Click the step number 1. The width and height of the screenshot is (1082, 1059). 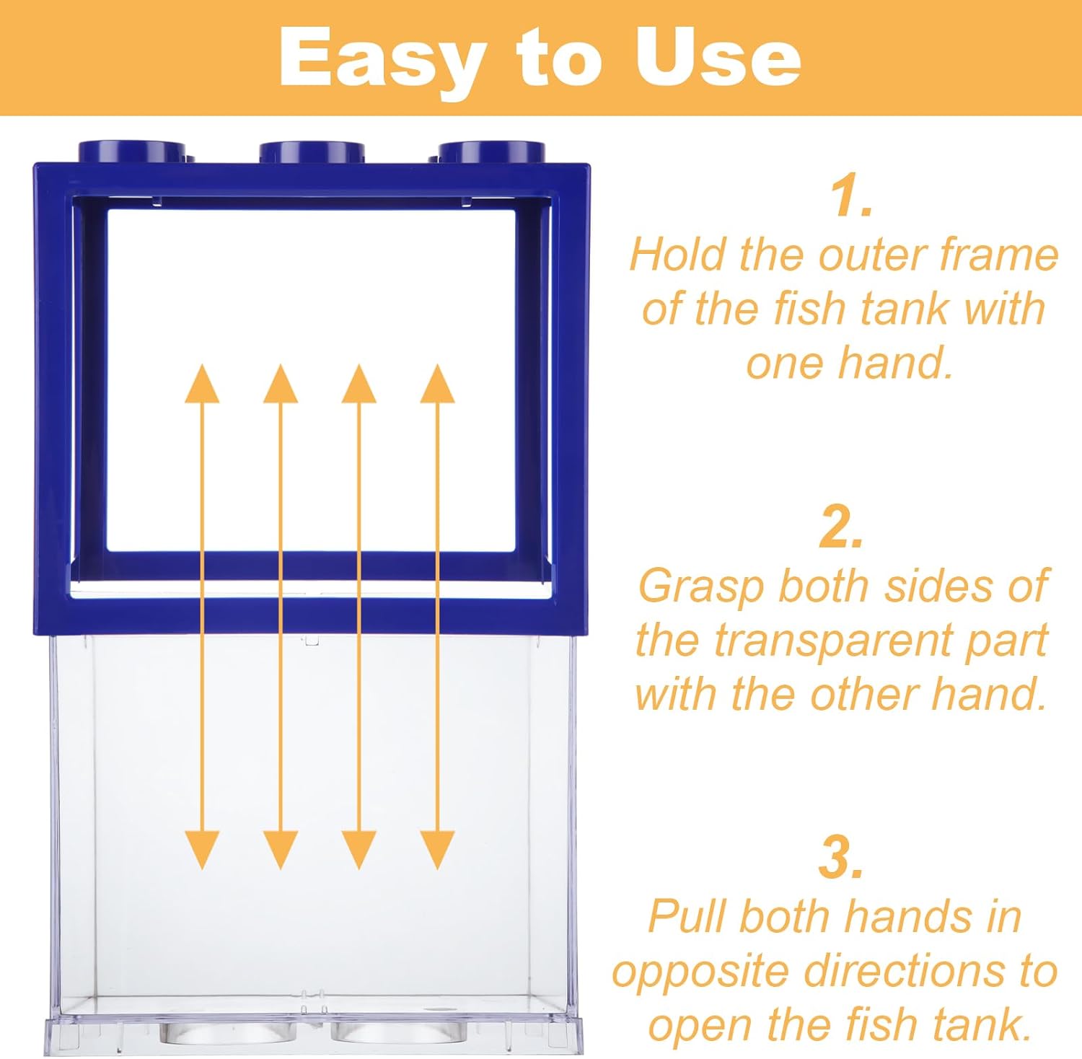click(x=851, y=195)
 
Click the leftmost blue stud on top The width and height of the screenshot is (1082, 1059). click(x=132, y=152)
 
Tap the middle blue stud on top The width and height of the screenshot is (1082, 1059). click(x=312, y=152)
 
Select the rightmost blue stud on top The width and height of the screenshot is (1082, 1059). click(x=491, y=152)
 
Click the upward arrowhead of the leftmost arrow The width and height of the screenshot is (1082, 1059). click(x=202, y=384)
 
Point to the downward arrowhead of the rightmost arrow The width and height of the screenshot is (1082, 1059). click(x=437, y=850)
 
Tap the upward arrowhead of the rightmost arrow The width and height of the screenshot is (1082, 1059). click(x=437, y=384)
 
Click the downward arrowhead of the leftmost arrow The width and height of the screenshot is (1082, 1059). click(x=202, y=850)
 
